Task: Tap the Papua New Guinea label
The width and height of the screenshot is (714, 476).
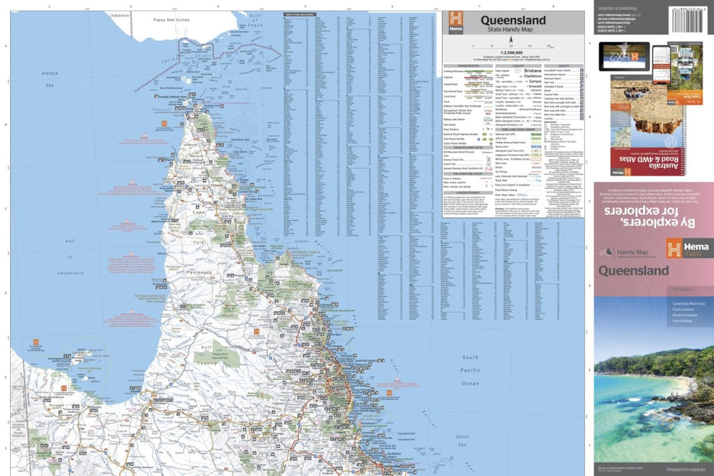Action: pyautogui.click(x=171, y=20)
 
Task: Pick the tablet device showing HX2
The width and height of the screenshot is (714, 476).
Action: pyautogui.click(x=623, y=57)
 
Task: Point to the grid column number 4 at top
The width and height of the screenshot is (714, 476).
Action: pyautogui.click(x=218, y=7)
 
